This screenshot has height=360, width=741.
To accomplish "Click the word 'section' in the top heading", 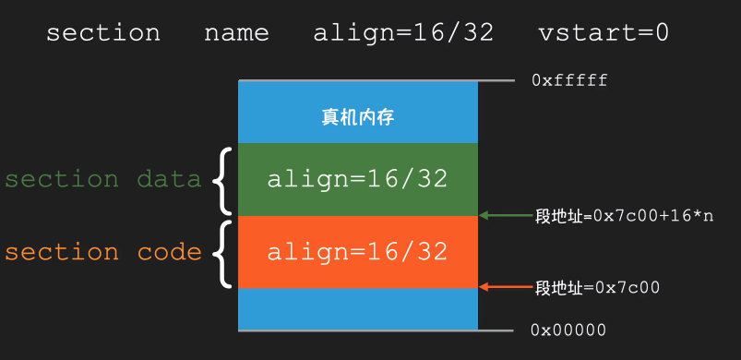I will point(102,33).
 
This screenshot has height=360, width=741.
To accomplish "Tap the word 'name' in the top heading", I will point(236,33).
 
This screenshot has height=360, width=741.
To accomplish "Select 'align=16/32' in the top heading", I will point(403,33).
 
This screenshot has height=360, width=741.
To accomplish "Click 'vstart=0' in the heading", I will point(604,33).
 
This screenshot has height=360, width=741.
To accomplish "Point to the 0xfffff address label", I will point(569,81).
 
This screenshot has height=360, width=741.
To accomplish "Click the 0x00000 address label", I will point(568,330).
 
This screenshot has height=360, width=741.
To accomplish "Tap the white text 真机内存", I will point(358,117).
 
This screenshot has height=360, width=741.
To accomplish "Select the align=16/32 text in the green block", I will point(357,179).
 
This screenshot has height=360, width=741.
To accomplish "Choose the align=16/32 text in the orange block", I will point(357,251).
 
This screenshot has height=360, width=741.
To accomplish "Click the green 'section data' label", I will point(102,179).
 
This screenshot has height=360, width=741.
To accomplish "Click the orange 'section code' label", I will point(102,252).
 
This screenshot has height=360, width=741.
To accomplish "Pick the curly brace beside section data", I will point(221,179).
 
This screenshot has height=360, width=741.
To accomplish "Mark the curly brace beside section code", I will point(221,252).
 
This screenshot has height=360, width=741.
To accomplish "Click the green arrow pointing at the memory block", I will point(507,216).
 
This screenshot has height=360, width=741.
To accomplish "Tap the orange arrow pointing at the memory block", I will point(507,287).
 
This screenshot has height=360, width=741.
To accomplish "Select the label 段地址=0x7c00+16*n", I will point(624,216).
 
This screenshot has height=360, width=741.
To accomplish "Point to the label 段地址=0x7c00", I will point(597,287).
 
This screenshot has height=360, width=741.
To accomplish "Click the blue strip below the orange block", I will point(357,308).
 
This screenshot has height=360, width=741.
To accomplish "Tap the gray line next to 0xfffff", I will point(496,81).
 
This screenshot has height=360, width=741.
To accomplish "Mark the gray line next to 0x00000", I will point(496,330).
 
